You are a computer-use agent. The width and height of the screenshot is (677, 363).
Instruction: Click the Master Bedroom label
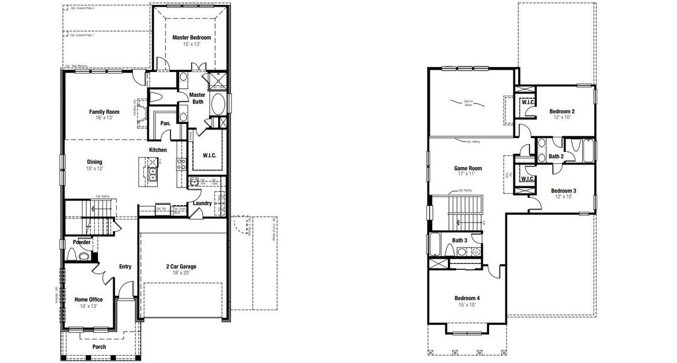coord(191,38)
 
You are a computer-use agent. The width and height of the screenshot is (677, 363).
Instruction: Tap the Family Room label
coord(104,112)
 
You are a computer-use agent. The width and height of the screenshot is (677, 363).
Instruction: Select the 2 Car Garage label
coord(181,266)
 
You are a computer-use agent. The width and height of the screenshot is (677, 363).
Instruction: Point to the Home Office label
coord(88,299)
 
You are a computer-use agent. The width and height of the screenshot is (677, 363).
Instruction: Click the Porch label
coord(99,347)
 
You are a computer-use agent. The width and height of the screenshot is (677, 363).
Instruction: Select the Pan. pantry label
coord(165,123)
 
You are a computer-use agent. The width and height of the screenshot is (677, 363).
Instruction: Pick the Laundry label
coord(202,203)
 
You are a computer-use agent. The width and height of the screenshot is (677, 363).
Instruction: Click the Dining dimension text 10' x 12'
coord(94,168)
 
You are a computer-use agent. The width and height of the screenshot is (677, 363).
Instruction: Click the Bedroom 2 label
coord(562,111)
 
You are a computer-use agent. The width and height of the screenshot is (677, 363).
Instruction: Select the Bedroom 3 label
coord(563,191)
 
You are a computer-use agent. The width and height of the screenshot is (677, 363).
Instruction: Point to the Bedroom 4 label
coord(467,298)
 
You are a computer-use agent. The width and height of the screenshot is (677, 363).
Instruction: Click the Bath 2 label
coord(556,157)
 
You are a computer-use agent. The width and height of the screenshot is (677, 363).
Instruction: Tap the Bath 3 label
coord(459,240)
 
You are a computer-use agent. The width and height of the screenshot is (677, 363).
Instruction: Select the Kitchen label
coord(158,150)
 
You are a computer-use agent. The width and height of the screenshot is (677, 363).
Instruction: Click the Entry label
coord(125,266)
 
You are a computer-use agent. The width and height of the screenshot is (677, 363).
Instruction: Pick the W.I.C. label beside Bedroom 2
coord(526,102)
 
